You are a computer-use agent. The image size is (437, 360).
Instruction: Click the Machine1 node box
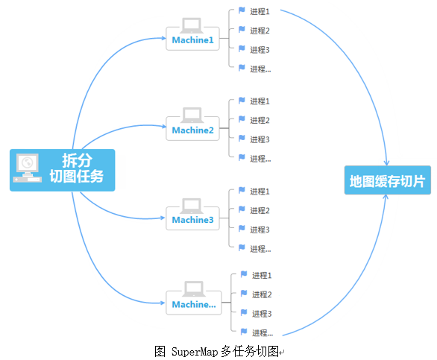point(192,38)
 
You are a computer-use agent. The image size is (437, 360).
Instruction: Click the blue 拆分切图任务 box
point(63,170)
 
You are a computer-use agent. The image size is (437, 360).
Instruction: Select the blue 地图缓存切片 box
point(387,180)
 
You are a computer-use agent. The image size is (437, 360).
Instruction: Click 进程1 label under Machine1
point(260,11)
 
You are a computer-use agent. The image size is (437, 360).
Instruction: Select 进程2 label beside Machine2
point(260,120)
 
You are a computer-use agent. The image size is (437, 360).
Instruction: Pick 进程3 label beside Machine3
point(260,230)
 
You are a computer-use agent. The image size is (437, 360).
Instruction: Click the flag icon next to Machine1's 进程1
point(242,10)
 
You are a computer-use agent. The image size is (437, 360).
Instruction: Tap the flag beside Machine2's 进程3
point(242,139)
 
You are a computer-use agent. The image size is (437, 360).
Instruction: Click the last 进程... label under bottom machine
point(262,333)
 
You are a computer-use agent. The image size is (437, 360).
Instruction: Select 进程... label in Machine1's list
point(260,69)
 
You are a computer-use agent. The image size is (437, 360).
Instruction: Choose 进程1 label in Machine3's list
point(260,192)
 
